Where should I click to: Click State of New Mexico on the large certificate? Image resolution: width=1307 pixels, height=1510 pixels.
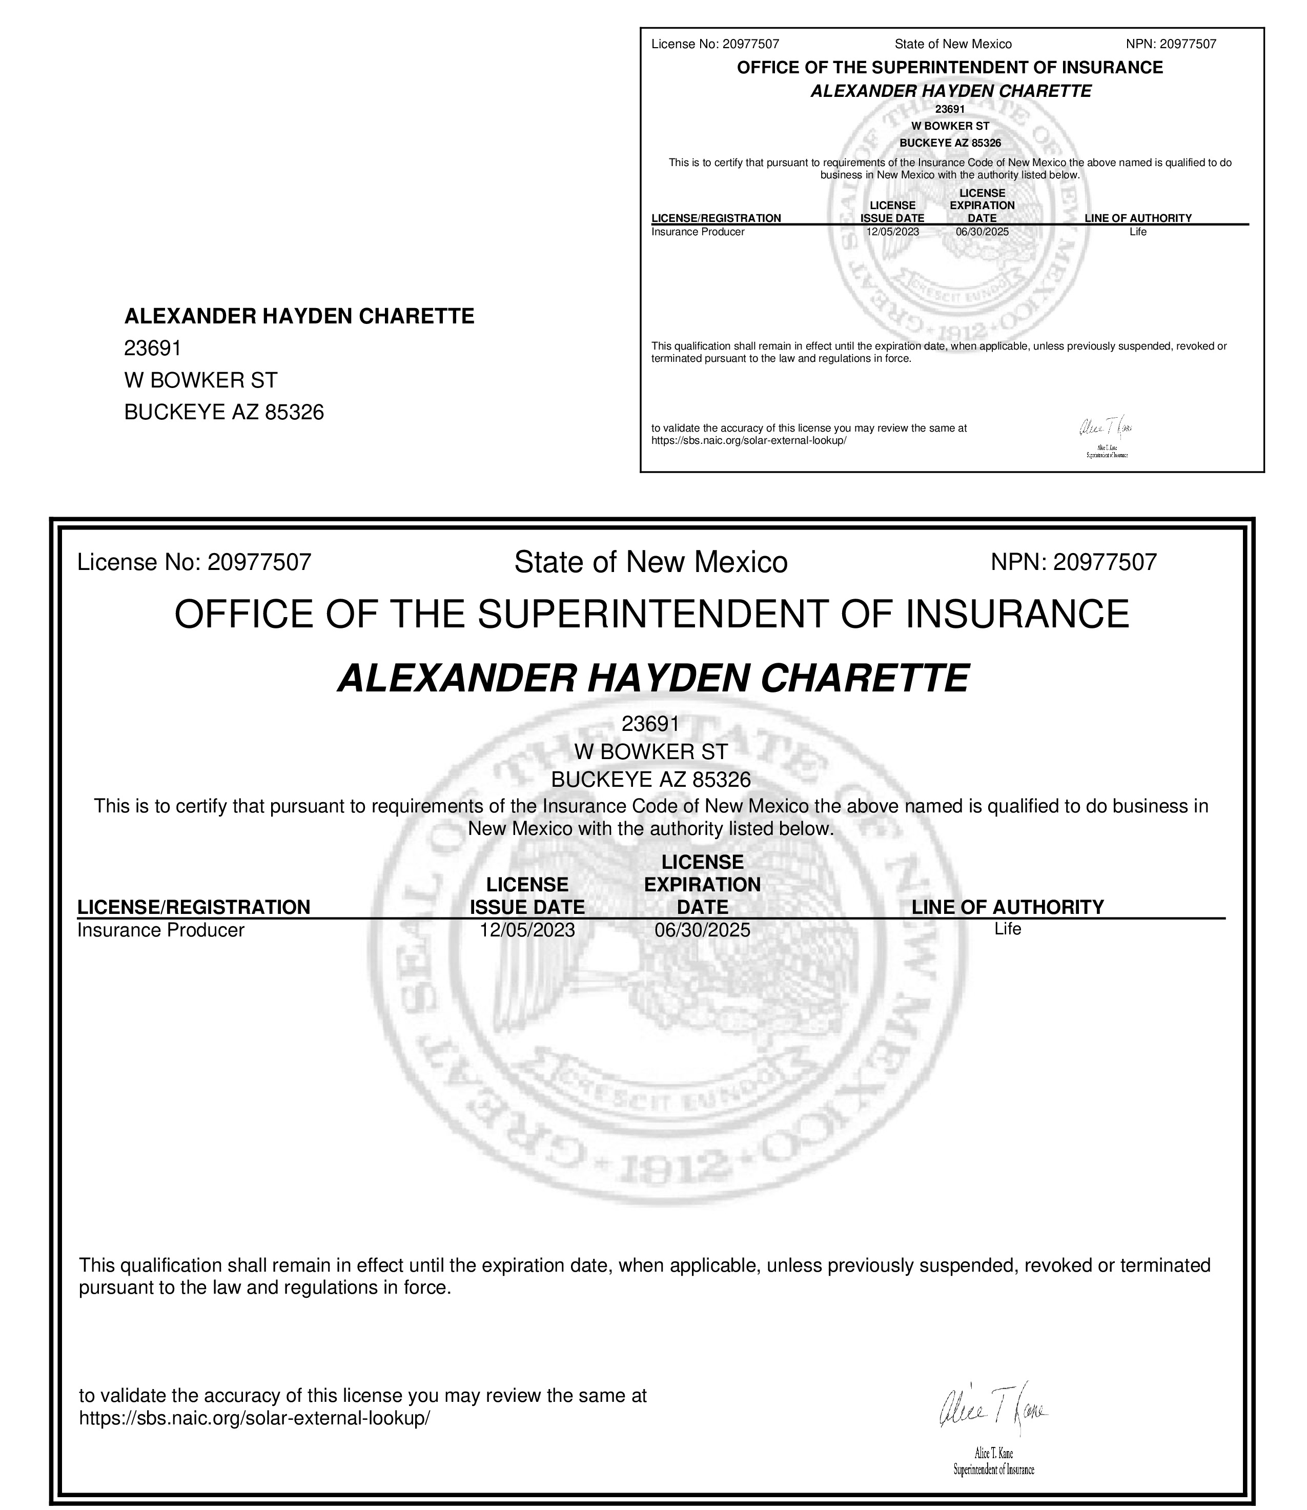click(x=650, y=562)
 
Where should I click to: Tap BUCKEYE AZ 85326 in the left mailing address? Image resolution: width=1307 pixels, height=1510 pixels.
click(x=224, y=412)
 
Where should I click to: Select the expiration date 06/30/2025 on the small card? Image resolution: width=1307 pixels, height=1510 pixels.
click(x=982, y=232)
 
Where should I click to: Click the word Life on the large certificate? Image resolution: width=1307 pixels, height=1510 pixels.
click(x=1007, y=929)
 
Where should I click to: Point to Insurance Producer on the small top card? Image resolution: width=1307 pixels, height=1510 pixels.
click(x=698, y=232)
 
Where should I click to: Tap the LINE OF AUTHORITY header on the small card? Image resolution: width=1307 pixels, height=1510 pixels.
click(x=1138, y=218)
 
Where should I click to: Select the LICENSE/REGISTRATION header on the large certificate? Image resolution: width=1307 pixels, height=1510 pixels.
click(x=194, y=907)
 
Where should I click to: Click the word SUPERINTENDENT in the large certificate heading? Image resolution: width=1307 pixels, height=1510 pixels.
click(x=653, y=614)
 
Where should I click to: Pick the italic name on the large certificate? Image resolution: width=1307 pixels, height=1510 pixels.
click(x=653, y=679)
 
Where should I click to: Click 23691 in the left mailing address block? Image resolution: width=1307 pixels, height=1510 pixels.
click(x=152, y=348)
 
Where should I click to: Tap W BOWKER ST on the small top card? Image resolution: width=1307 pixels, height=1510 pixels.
click(x=950, y=126)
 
